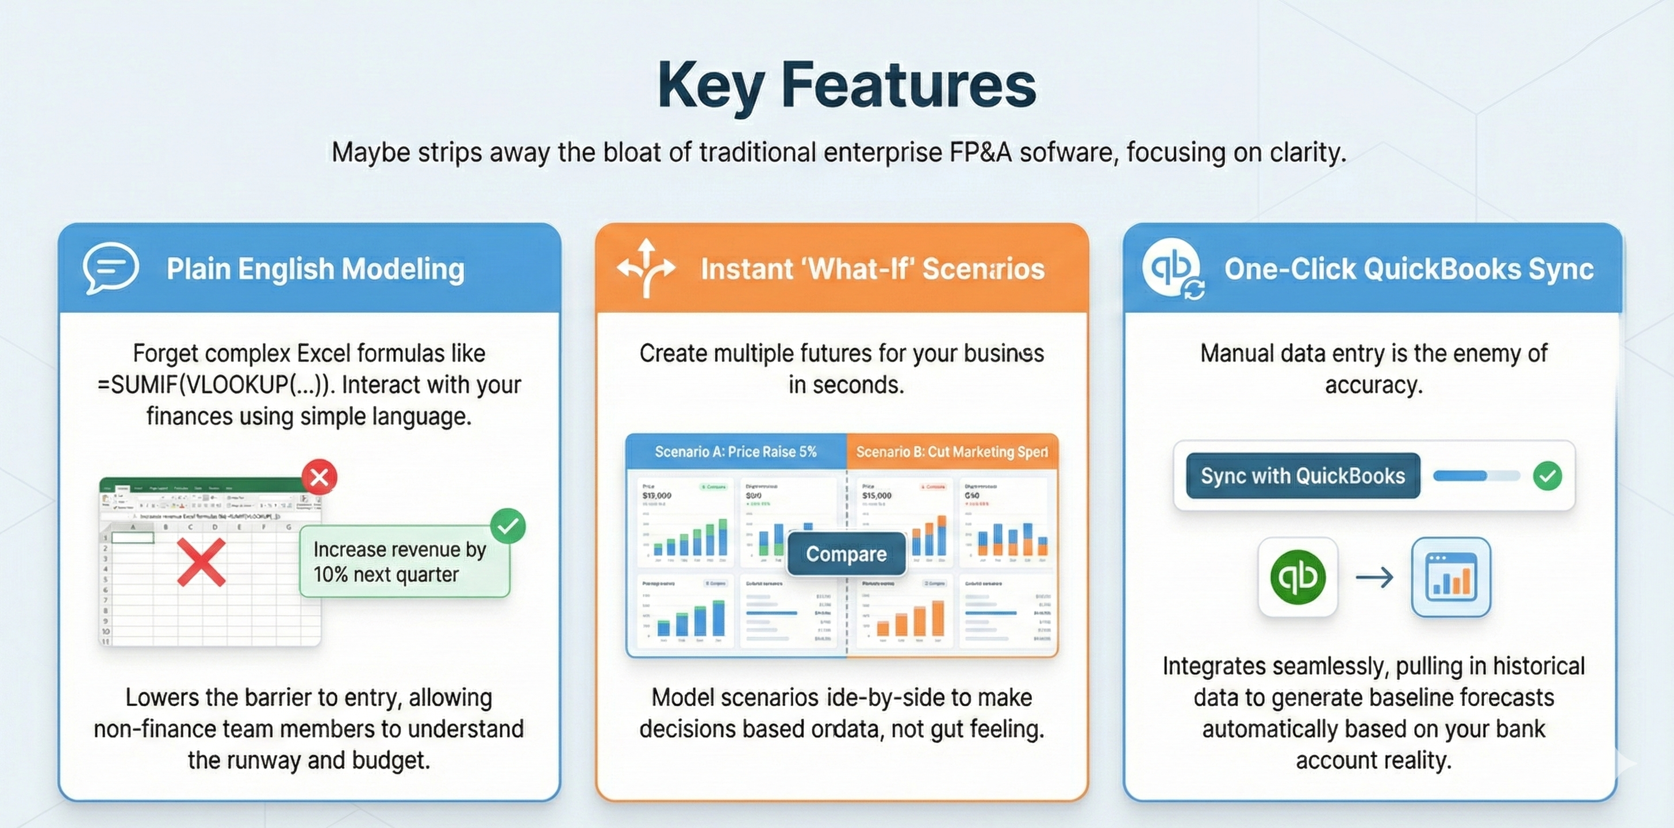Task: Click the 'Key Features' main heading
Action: (846, 86)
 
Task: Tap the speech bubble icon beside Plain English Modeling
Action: (110, 268)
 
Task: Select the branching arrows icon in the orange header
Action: (646, 268)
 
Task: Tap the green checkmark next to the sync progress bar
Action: (1548, 476)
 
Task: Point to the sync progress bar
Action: (1476, 476)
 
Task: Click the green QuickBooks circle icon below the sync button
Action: (1297, 577)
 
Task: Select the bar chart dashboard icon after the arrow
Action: (1450, 577)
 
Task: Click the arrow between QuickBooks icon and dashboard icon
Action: (1374, 577)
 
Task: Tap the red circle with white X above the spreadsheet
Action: (319, 477)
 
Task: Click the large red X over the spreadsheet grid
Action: (201, 562)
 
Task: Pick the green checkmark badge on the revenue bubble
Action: (508, 526)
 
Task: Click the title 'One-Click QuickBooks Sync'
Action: (1409, 269)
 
